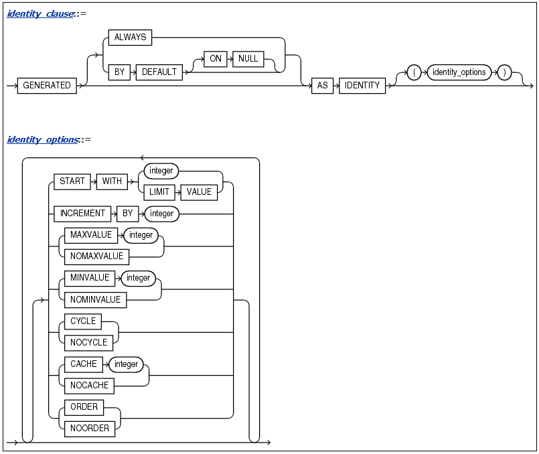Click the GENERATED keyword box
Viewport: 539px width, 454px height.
pyautogui.click(x=47, y=86)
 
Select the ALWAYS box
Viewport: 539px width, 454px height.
pyautogui.click(x=130, y=37)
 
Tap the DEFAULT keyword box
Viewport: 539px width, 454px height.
pyautogui.click(x=159, y=72)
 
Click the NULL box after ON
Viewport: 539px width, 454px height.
pyautogui.click(x=248, y=59)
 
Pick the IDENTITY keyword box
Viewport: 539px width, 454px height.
pyautogui.click(x=362, y=86)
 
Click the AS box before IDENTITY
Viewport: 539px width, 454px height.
pyautogui.click(x=322, y=86)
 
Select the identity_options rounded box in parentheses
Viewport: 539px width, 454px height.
pyautogui.click(x=459, y=72)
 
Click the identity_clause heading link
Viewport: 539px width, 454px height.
pyautogui.click(x=40, y=13)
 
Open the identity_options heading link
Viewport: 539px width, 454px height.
pyautogui.click(x=42, y=139)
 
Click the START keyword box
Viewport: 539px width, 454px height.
pyautogui.click(x=72, y=181)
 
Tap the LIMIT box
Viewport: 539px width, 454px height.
pyautogui.click(x=159, y=192)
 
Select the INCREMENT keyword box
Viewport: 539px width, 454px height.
pyautogui.click(x=82, y=214)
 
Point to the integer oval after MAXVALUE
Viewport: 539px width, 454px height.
pyautogui.click(x=141, y=235)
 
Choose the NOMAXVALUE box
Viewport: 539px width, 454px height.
pyautogui.click(x=96, y=256)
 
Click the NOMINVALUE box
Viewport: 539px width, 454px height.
pyautogui.click(x=96, y=299)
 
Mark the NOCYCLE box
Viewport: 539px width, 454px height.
pyautogui.click(x=88, y=342)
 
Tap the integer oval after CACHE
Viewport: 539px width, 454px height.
pyautogui.click(x=126, y=364)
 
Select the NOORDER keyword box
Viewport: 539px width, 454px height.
pyautogui.click(x=90, y=429)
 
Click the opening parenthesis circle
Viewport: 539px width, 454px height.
pyautogui.click(x=414, y=72)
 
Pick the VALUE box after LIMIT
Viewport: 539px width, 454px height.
pyautogui.click(x=199, y=192)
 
